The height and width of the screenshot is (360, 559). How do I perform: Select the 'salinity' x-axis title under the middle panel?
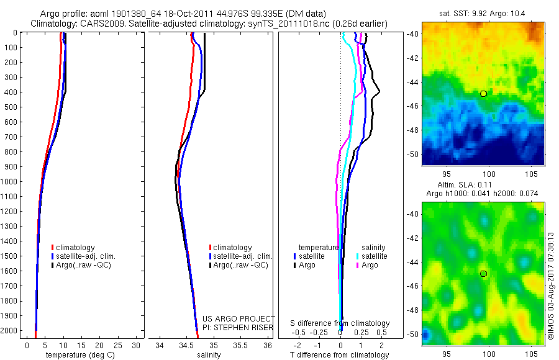point(207,355)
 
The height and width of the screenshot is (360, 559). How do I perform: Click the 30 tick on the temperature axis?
point(137,345)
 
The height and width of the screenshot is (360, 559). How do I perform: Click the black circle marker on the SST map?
point(483,94)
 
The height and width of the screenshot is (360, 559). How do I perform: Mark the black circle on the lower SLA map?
point(483,274)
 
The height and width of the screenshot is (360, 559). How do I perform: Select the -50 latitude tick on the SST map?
point(413,154)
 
